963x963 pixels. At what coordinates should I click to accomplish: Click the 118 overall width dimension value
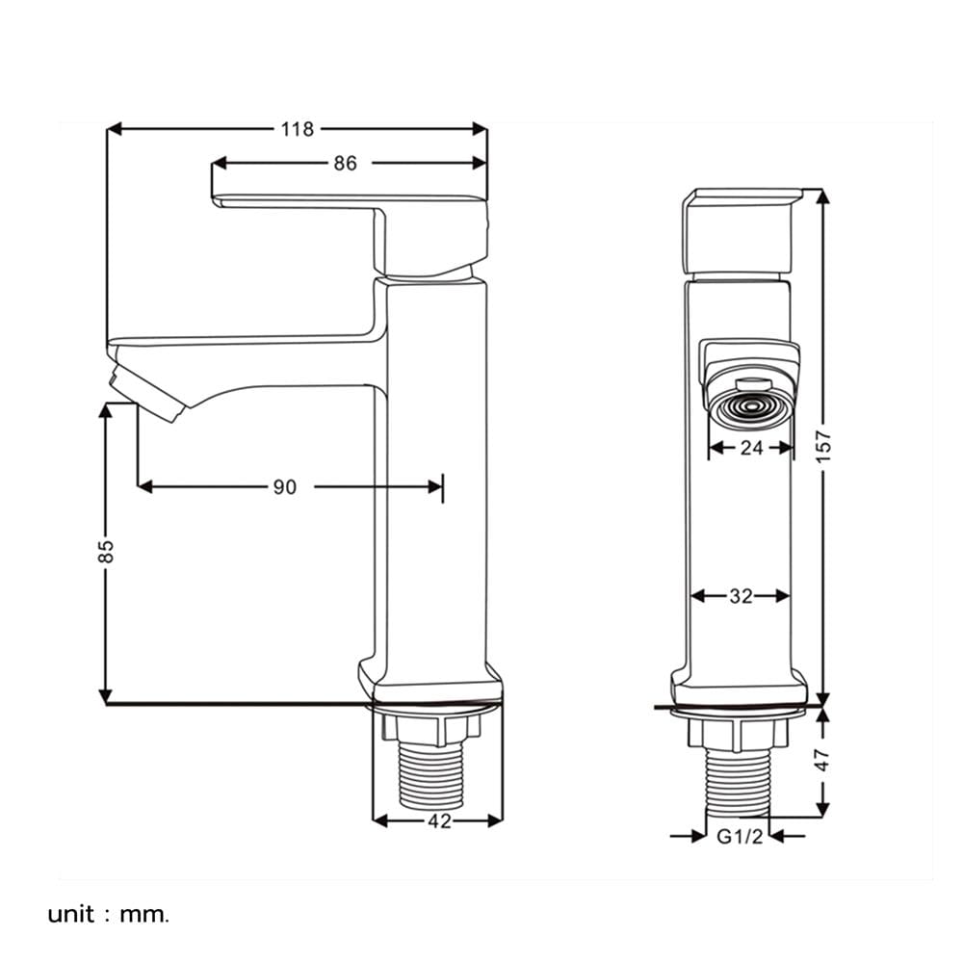(298, 129)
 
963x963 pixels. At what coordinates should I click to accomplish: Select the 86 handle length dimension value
(345, 163)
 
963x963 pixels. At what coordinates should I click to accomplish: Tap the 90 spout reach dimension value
(284, 487)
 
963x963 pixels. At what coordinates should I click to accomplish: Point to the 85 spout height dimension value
(107, 551)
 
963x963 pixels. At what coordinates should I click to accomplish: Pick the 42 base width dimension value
(439, 821)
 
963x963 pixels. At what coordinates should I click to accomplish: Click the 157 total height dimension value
(824, 447)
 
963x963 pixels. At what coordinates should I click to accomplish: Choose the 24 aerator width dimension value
(751, 448)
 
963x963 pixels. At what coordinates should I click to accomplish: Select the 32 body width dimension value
(741, 596)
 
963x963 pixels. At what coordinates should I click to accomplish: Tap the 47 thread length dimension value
(823, 760)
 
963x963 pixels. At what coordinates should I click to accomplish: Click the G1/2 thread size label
(740, 836)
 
